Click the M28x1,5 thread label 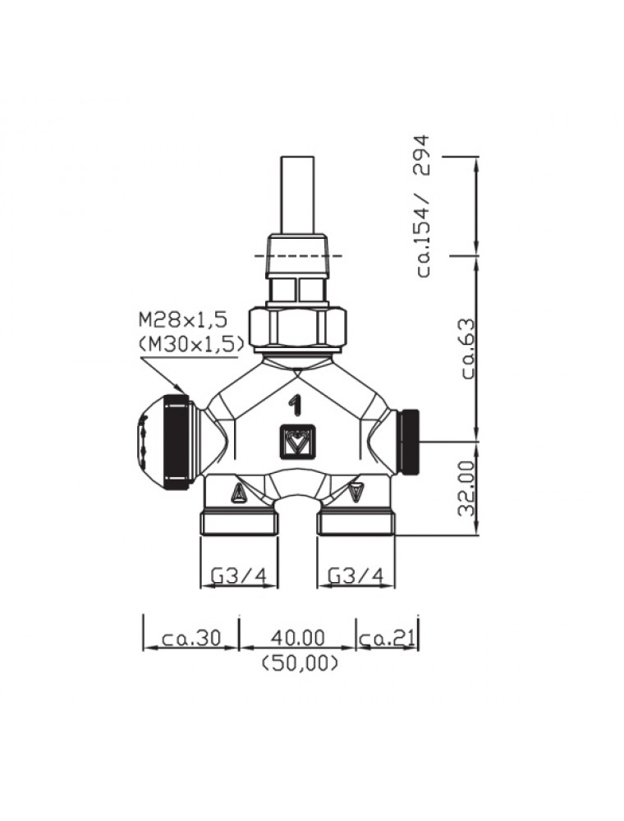pyautogui.click(x=184, y=319)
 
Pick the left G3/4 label pyautogui.click(x=239, y=576)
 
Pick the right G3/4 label pyautogui.click(x=356, y=576)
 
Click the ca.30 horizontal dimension pyautogui.click(x=191, y=638)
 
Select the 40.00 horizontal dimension pyautogui.click(x=297, y=638)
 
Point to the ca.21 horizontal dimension pyautogui.click(x=388, y=638)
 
